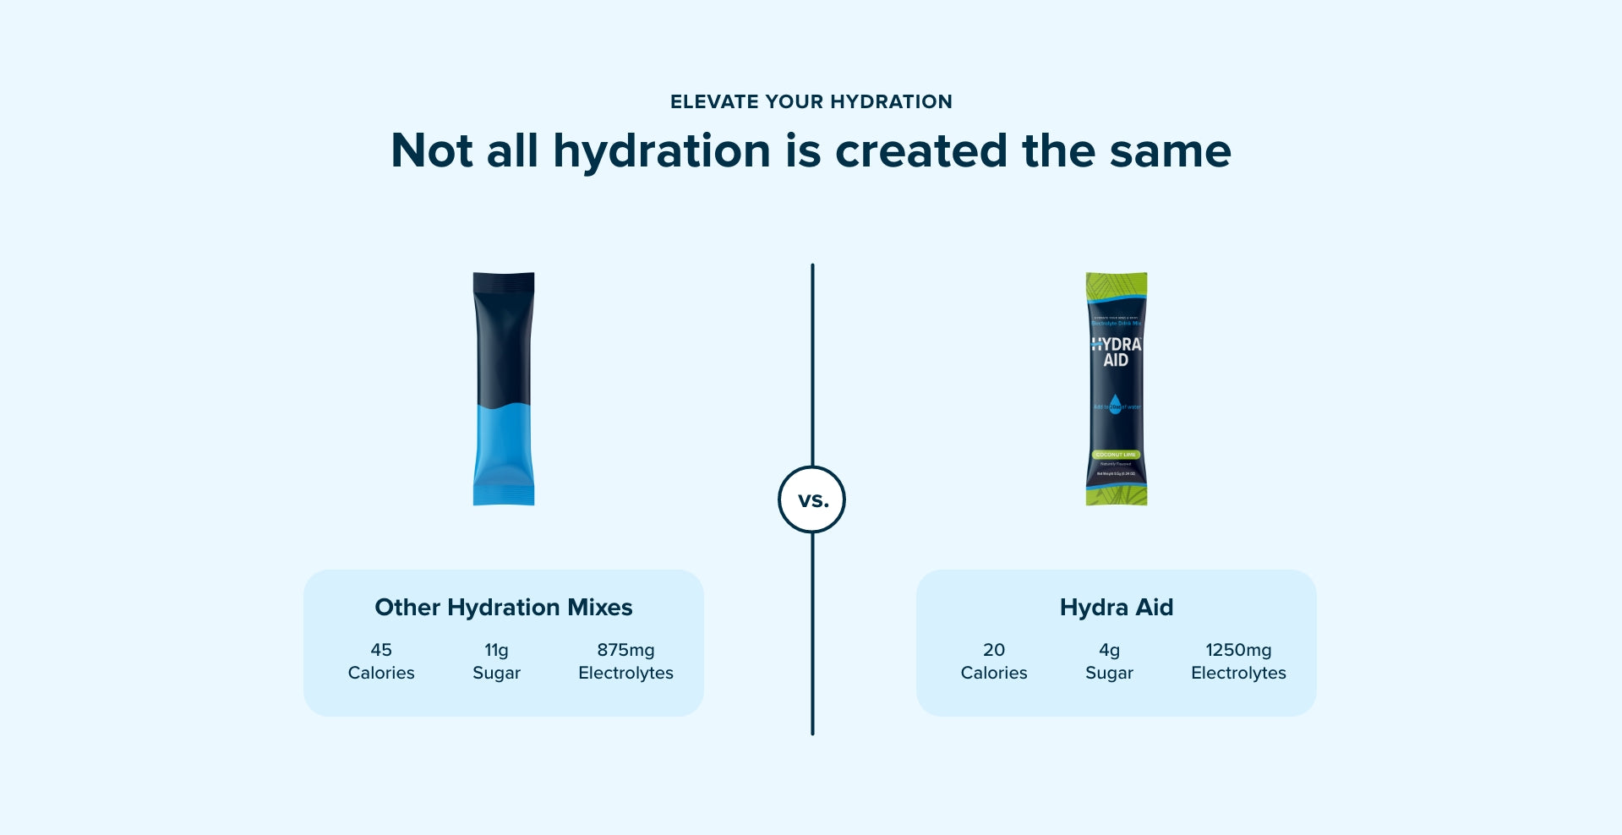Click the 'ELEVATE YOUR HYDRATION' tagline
pos(811,101)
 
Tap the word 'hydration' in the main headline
pos(661,151)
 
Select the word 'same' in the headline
pos(1170,151)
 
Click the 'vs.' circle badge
pos(811,499)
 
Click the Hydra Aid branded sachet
pos(1116,389)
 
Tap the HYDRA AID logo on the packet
pos(1116,352)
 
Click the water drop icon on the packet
pos(1115,404)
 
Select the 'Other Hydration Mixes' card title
pos(503,607)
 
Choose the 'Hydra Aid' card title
pos(1116,607)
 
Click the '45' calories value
pos(381,650)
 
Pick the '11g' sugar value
pos(496,650)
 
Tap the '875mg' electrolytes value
pos(625,650)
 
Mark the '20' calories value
pos(994,650)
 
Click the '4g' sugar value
pos(1109,650)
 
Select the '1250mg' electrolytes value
pos(1238,650)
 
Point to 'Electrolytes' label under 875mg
pos(625,673)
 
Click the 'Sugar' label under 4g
pos(1109,673)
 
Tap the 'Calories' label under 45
pos(381,673)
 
